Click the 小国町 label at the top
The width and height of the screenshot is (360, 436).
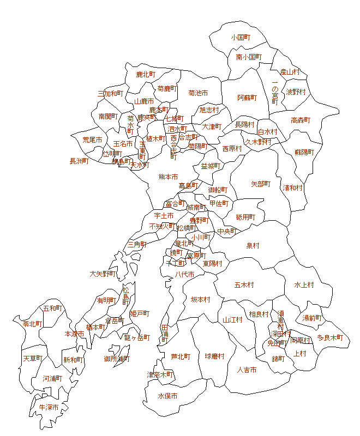pyautogui.click(x=240, y=38)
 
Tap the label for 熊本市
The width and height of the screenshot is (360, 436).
pyautogui.click(x=168, y=177)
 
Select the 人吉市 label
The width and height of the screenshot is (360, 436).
pyautogui.click(x=247, y=370)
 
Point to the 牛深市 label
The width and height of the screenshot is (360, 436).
pyautogui.click(x=49, y=407)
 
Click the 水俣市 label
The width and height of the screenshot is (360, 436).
pyautogui.click(x=167, y=396)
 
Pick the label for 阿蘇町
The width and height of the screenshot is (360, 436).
pyautogui.click(x=247, y=98)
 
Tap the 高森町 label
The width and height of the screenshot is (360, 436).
pyautogui.click(x=301, y=120)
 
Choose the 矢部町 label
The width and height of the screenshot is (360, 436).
pyautogui.click(x=261, y=184)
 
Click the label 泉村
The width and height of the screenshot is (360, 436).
pyautogui.click(x=253, y=246)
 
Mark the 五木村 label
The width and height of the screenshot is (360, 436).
pyautogui.click(x=244, y=284)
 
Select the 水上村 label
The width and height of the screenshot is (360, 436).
pyautogui.click(x=304, y=284)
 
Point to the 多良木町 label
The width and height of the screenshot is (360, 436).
pyautogui.click(x=330, y=337)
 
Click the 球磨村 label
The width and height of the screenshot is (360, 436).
pyautogui.click(x=215, y=356)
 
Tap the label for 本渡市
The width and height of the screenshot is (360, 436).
pyautogui.click(x=74, y=334)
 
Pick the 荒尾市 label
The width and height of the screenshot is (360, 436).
pyautogui.click(x=92, y=140)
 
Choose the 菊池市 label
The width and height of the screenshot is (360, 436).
pyautogui.click(x=198, y=93)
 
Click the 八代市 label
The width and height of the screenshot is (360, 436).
pyautogui.click(x=185, y=274)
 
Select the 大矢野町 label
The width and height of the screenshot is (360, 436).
pyautogui.click(x=103, y=274)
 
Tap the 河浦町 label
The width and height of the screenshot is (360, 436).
pyautogui.click(x=52, y=378)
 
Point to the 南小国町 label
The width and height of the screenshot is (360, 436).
pyautogui.click(x=249, y=57)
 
